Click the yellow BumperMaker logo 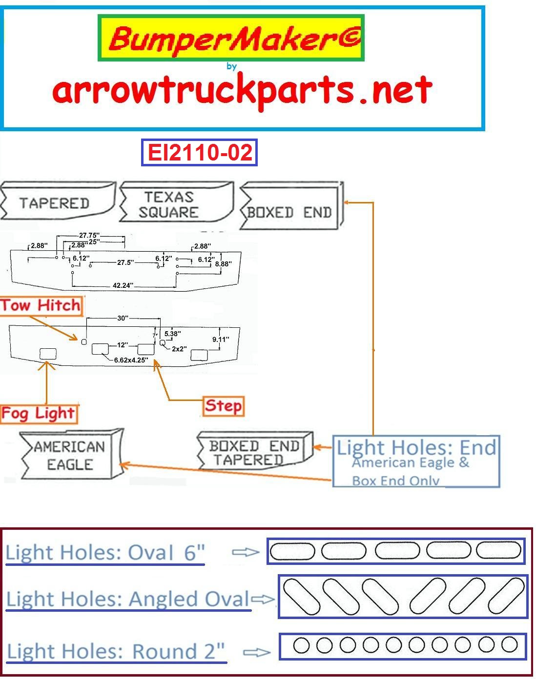tap(231, 38)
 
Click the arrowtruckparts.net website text tap(242, 91)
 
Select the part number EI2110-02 tap(199, 152)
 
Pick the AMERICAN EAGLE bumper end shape tap(69, 455)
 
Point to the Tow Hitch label tap(41, 306)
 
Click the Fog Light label tap(38, 414)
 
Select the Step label tap(223, 406)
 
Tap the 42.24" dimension tap(123, 285)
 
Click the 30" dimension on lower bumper tap(123, 318)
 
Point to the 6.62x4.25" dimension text tap(131, 360)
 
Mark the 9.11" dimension tap(220, 339)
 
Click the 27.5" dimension tap(125, 262)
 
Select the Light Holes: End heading tap(416, 447)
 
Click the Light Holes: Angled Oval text tap(128, 599)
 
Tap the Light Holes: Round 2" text tap(116, 651)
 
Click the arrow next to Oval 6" tap(245, 552)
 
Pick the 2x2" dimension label tap(179, 349)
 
